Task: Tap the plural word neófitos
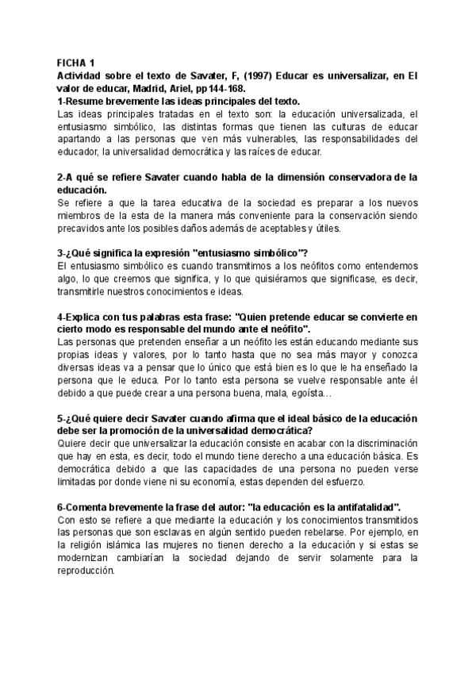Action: pyautogui.click(x=274, y=266)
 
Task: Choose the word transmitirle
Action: pyautogui.click(x=87, y=290)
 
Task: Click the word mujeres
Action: pyautogui.click(x=184, y=544)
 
